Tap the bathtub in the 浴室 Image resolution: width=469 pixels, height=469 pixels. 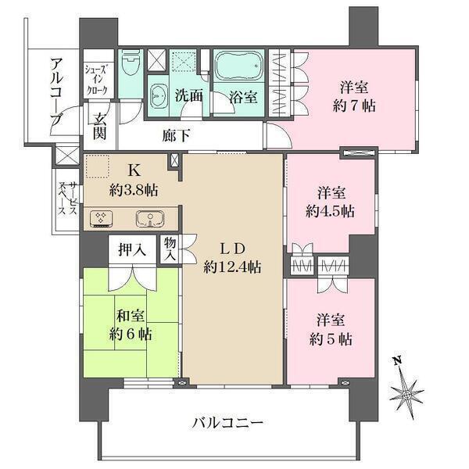coord(238,66)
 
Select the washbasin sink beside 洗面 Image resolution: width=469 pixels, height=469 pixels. coord(158,95)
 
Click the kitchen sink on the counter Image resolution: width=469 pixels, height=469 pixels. coord(150,219)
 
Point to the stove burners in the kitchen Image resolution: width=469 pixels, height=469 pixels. coord(101,219)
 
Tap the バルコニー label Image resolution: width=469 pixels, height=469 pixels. coord(227,423)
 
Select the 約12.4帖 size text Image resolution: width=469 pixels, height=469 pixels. coord(232,267)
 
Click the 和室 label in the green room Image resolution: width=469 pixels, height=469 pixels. coord(131,316)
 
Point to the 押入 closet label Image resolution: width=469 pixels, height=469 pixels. coord(132,250)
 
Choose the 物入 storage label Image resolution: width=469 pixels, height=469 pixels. coord(170,249)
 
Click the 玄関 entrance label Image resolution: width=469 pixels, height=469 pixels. coord(99,127)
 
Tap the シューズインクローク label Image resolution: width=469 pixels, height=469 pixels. coord(96,80)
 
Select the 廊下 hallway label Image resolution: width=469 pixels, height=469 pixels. coord(177,136)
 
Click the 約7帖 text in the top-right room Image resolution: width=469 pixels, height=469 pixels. coord(354,106)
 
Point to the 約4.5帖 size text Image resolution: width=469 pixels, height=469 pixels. coord(330,212)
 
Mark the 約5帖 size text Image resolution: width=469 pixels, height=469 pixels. coord(331,339)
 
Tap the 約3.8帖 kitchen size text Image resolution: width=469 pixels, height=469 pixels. coord(134,190)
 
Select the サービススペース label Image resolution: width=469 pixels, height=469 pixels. coord(68,198)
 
